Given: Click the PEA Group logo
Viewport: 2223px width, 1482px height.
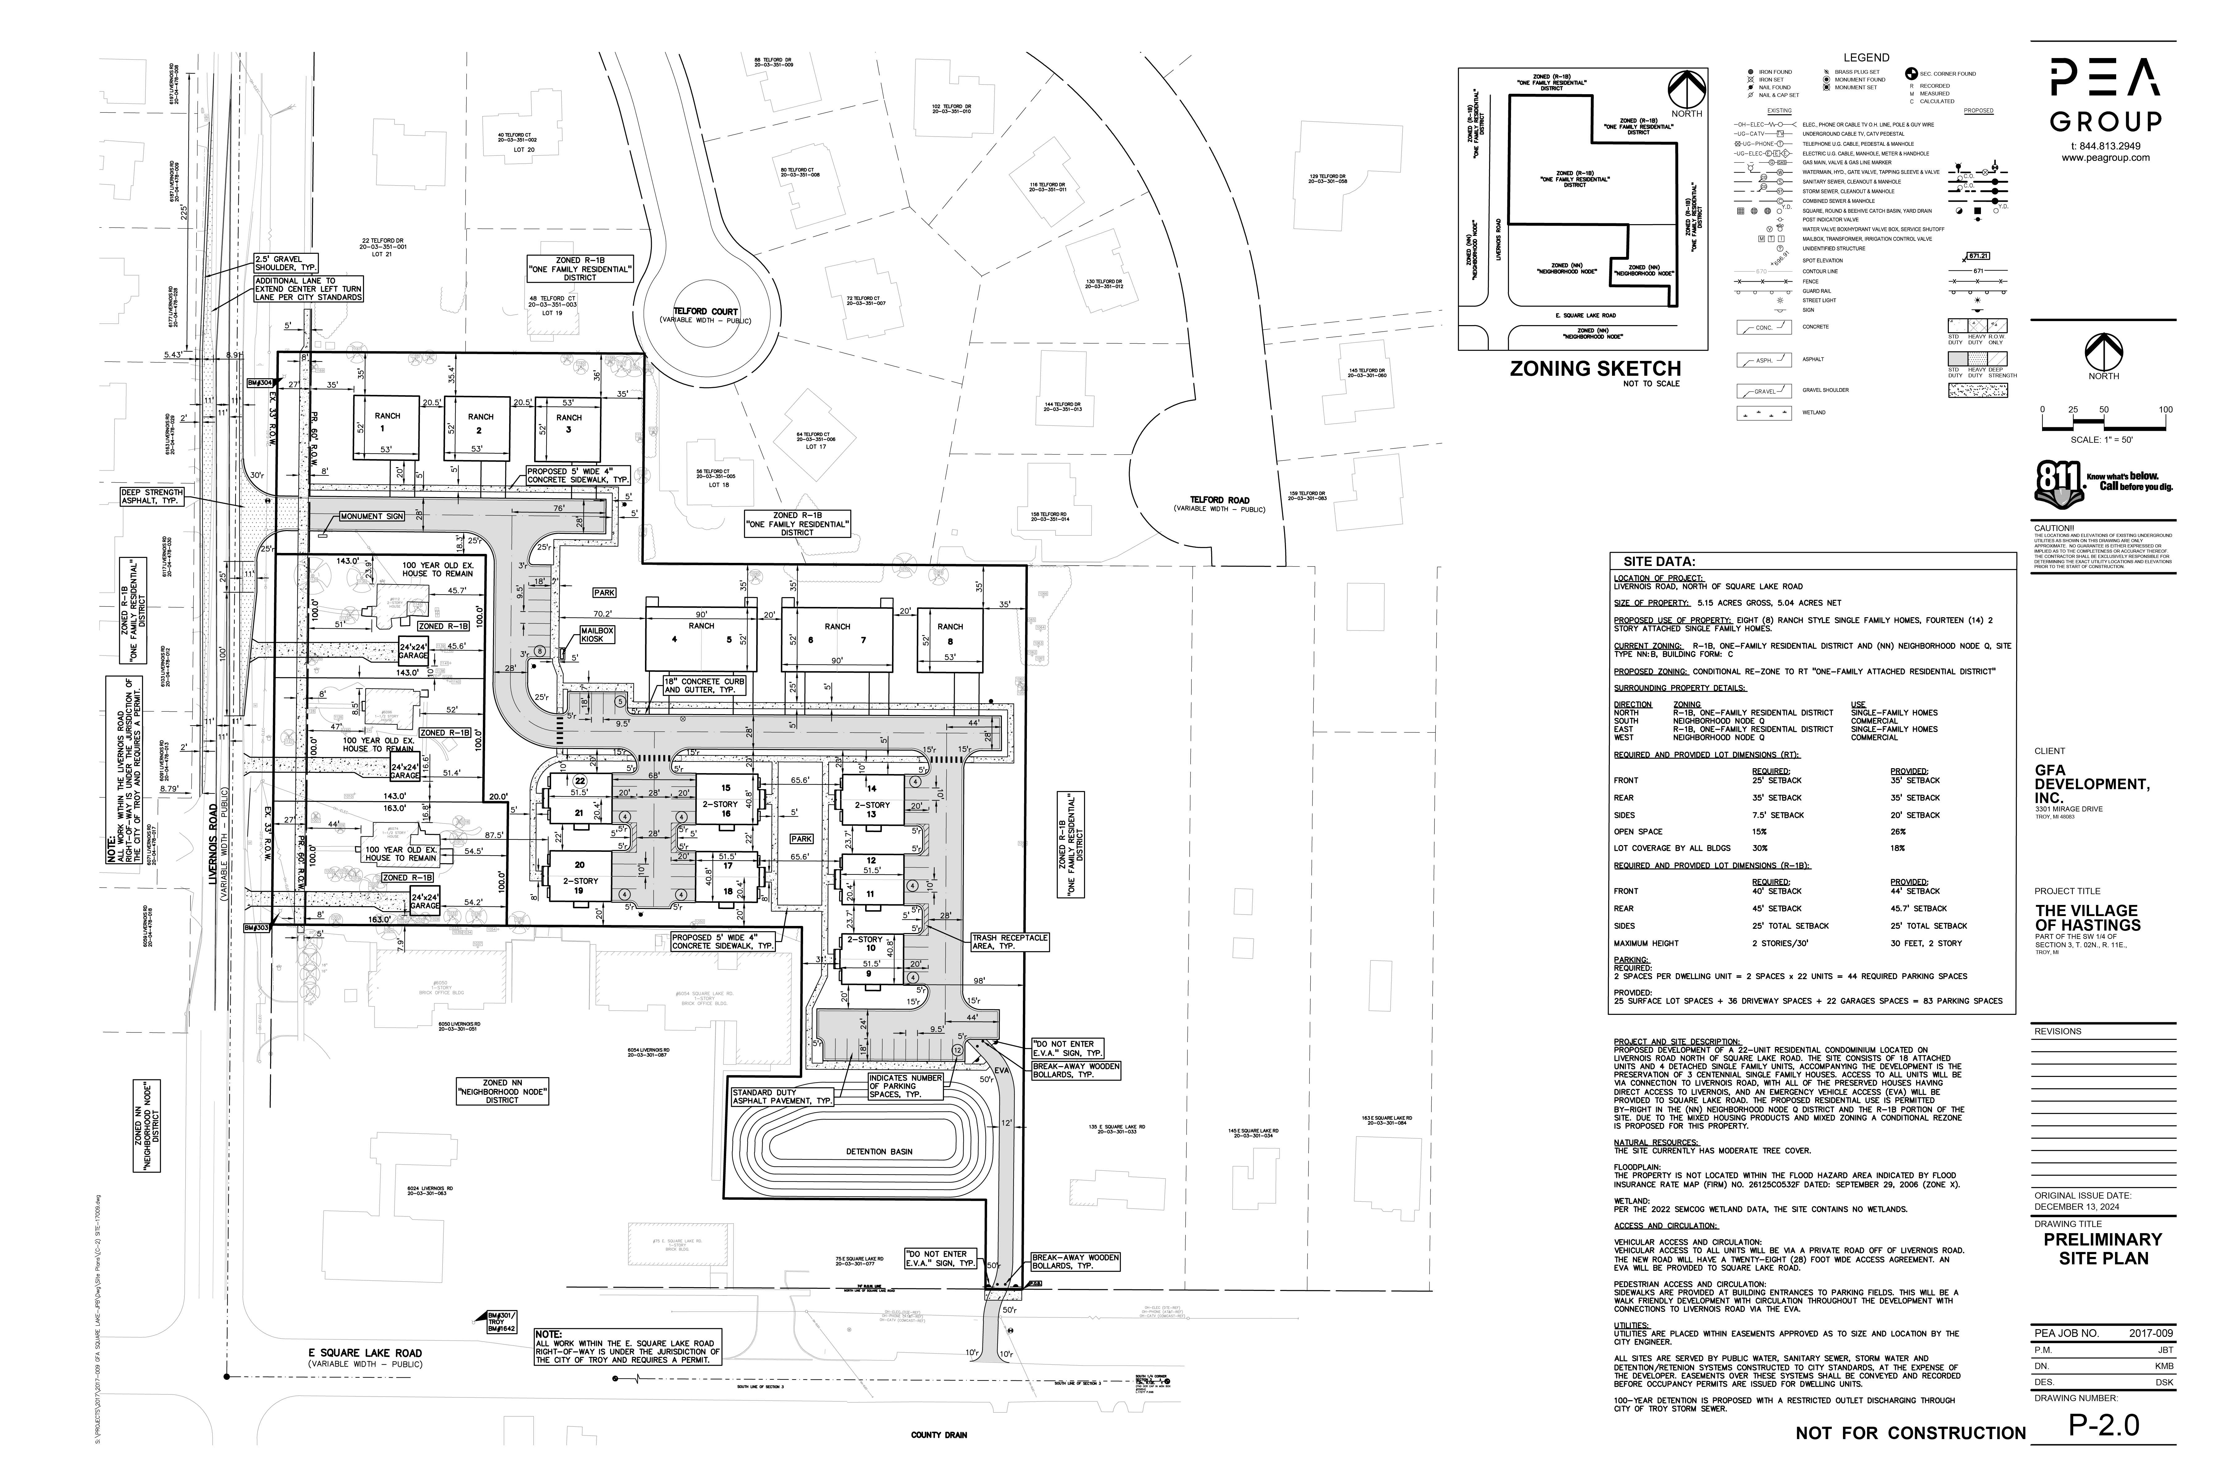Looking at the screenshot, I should click(2105, 94).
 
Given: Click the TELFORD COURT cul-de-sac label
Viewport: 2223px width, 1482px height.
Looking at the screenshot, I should click(705, 312).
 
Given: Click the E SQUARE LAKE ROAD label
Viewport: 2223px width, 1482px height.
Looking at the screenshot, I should click(365, 1353).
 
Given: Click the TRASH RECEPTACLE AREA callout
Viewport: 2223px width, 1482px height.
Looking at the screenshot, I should click(1009, 941).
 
